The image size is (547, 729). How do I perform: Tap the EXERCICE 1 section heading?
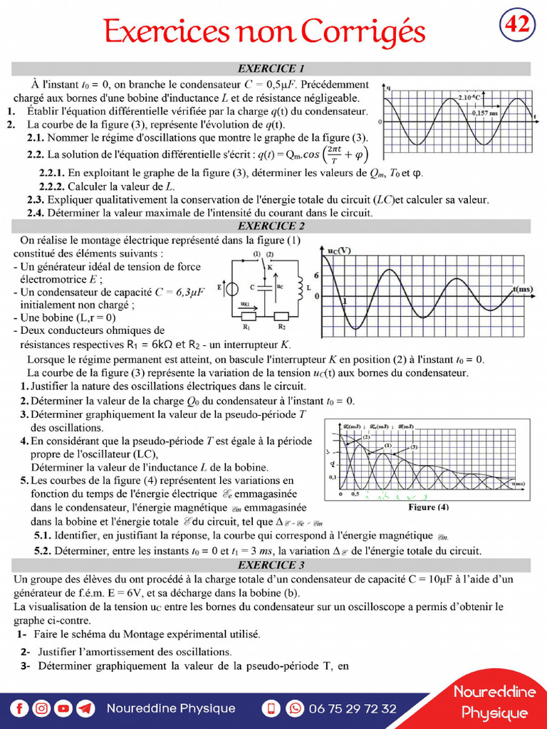271,69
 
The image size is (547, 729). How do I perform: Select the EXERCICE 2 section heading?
271,226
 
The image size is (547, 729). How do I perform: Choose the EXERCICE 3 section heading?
271,565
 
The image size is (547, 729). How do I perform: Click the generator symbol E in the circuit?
231,289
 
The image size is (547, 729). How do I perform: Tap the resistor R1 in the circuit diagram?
246,315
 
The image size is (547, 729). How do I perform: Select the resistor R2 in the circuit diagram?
281,315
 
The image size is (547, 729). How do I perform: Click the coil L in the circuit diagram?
301,285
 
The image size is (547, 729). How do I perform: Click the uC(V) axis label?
338,251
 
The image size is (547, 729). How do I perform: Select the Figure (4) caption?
427,508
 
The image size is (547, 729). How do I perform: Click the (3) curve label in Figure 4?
413,447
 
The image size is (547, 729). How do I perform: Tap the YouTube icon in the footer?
64,708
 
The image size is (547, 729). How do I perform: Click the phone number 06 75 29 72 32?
353,708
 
